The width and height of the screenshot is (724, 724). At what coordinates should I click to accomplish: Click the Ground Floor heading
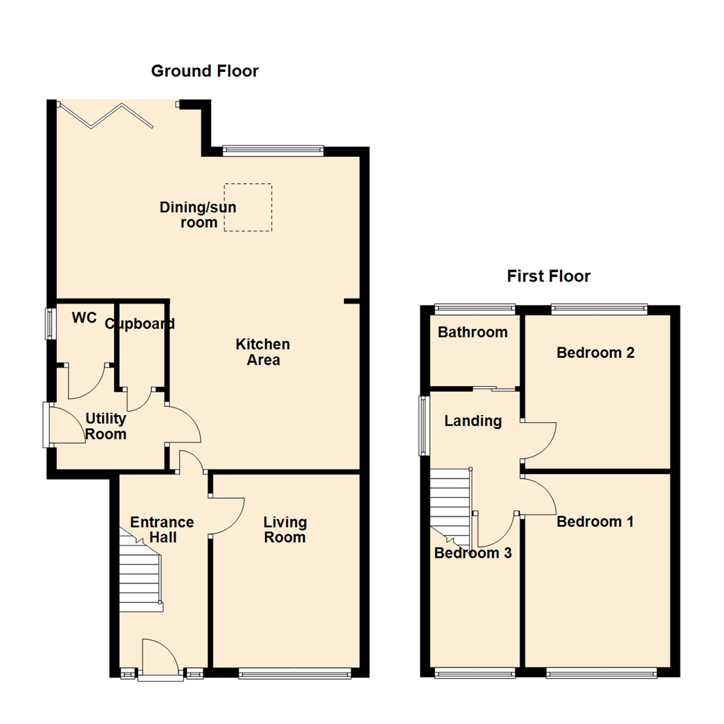click(x=204, y=71)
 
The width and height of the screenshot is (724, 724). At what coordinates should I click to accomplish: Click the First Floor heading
click(x=548, y=276)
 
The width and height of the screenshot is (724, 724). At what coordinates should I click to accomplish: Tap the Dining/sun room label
click(x=190, y=215)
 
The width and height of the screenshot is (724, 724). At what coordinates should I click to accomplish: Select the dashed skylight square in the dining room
click(x=248, y=207)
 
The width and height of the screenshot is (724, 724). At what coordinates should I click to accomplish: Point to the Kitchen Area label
click(x=263, y=352)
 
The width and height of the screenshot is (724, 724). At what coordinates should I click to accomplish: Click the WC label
click(x=84, y=318)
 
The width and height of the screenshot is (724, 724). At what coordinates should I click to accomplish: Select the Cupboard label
click(x=140, y=324)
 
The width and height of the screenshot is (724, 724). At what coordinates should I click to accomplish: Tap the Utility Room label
click(x=106, y=426)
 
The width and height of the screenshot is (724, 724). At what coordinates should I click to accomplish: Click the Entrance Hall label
click(x=162, y=530)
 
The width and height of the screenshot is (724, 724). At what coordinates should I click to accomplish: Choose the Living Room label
click(x=285, y=530)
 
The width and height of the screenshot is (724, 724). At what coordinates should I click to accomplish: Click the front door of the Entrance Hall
click(x=160, y=660)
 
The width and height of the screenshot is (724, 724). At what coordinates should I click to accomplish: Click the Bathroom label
click(x=473, y=332)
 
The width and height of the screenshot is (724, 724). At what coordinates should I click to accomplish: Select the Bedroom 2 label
click(x=595, y=353)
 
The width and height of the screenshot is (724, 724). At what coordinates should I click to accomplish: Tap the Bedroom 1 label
click(x=595, y=522)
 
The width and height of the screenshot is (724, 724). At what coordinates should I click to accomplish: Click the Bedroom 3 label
click(x=473, y=554)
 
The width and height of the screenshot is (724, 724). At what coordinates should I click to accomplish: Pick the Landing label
click(x=473, y=421)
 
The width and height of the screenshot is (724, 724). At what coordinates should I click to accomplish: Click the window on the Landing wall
click(x=424, y=426)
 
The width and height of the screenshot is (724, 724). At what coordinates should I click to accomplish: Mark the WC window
click(x=50, y=323)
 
